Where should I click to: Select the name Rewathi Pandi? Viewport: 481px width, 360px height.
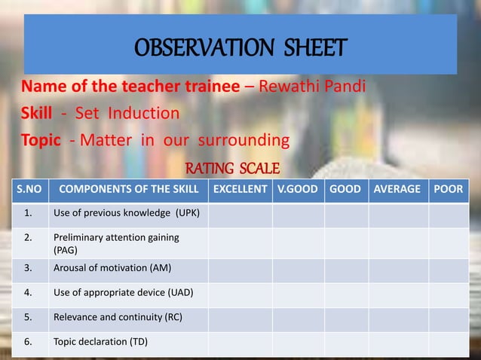tap(312, 85)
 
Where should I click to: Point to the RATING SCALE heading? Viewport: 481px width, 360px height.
tap(233, 166)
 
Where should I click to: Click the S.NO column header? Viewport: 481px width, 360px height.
tap(27, 190)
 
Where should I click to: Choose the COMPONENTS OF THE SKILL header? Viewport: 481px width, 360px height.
tap(128, 190)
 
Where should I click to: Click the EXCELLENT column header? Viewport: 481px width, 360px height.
tap(240, 190)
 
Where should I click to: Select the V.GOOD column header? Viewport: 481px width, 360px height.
tap(298, 190)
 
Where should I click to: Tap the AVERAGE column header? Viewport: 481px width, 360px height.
tap(397, 190)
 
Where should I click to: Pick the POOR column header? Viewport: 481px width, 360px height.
tap(448, 190)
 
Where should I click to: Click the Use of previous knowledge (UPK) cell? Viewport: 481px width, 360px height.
tap(126, 213)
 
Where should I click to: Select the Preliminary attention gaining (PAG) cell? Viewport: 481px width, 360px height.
tap(116, 243)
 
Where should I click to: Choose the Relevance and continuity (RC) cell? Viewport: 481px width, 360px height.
tap(118, 317)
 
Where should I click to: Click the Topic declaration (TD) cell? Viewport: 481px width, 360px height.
tap(100, 342)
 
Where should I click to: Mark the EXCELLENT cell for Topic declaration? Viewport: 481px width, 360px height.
tap(240, 343)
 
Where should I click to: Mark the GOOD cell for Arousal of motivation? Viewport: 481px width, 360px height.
tap(345, 268)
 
